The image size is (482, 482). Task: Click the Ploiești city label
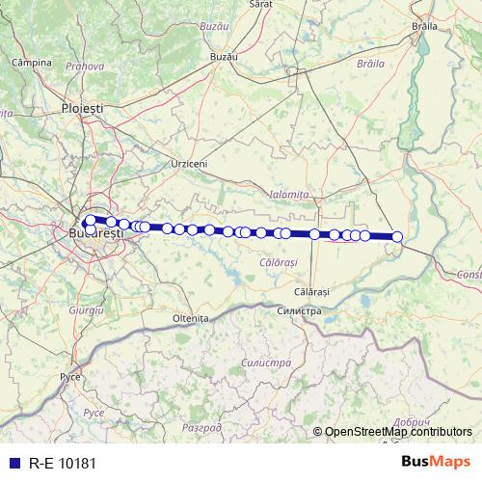pyautogui.click(x=82, y=110)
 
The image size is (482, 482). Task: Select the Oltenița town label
pyautogui.click(x=190, y=317)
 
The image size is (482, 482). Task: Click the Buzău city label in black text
pyautogui.click(x=224, y=58)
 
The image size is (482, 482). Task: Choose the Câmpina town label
pyautogui.click(x=30, y=63)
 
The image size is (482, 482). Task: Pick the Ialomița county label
pyautogui.click(x=289, y=195)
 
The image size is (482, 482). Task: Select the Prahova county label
pyautogui.click(x=85, y=67)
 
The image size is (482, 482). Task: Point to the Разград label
pyautogui.click(x=201, y=426)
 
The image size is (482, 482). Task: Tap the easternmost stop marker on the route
pyautogui.click(x=396, y=237)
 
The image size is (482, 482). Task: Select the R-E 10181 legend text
pyautogui.click(x=63, y=462)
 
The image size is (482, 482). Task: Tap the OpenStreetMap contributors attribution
pyautogui.click(x=398, y=432)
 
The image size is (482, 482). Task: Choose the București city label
pyautogui.click(x=96, y=233)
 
